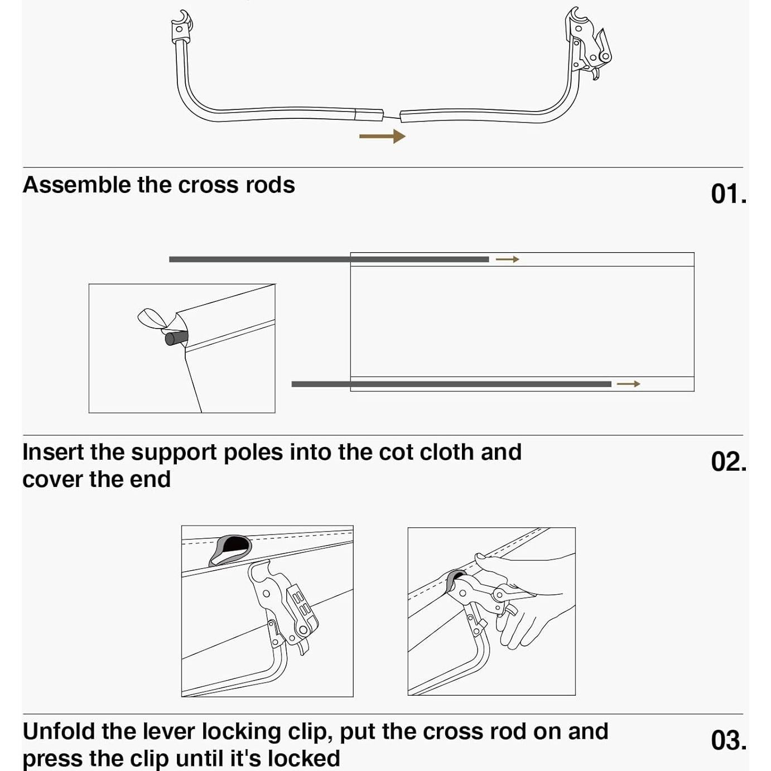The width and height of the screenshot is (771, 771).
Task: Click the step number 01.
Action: (728, 195)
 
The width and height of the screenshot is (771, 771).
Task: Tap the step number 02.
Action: (728, 462)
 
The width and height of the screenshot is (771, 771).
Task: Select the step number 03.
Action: (728, 740)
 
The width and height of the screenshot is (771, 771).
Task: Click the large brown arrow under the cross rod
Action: (382, 137)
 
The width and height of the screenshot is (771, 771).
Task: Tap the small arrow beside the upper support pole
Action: (507, 259)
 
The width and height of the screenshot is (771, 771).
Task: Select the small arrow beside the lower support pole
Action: (628, 384)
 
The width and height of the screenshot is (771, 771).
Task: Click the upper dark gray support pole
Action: (329, 259)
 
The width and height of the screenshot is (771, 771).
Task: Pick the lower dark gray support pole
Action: (451, 384)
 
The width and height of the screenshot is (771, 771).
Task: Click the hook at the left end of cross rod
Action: (182, 26)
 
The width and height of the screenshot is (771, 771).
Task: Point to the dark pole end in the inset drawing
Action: (175, 339)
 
